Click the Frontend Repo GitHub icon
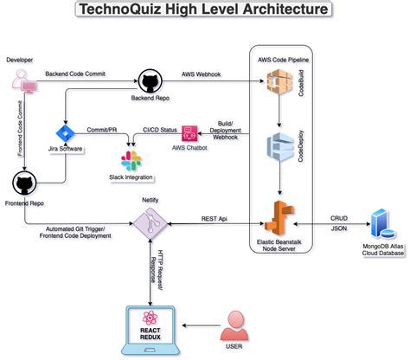pos(25,183)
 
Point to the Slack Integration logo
pos(131,159)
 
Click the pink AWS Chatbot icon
pos(189,134)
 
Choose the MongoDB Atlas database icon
pos(378,223)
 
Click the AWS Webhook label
pos(201,74)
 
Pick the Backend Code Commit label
pos(74,75)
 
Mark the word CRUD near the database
pos(339,217)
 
